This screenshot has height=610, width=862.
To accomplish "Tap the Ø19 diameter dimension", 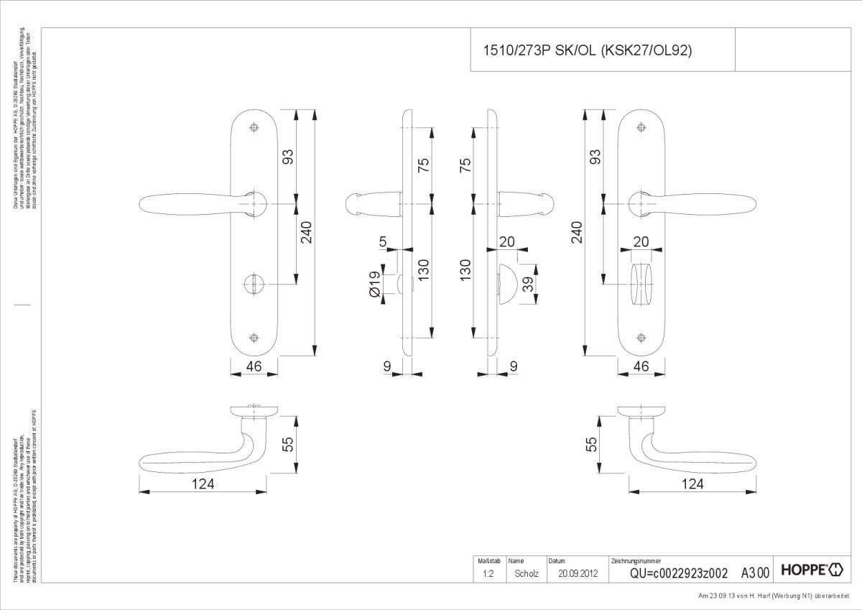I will (x=375, y=285).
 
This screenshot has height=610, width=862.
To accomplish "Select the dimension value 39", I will (x=529, y=285).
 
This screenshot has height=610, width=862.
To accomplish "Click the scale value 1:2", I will (x=488, y=573).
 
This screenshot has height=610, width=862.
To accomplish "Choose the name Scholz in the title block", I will (x=527, y=573).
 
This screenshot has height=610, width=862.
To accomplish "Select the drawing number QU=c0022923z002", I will (x=679, y=573).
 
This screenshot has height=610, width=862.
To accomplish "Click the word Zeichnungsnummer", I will (x=636, y=560).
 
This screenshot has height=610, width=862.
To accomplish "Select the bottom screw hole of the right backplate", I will (x=642, y=337).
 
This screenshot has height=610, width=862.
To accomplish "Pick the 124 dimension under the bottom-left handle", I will (x=203, y=484).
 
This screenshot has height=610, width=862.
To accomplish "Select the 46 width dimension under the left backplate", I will (x=253, y=366).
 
